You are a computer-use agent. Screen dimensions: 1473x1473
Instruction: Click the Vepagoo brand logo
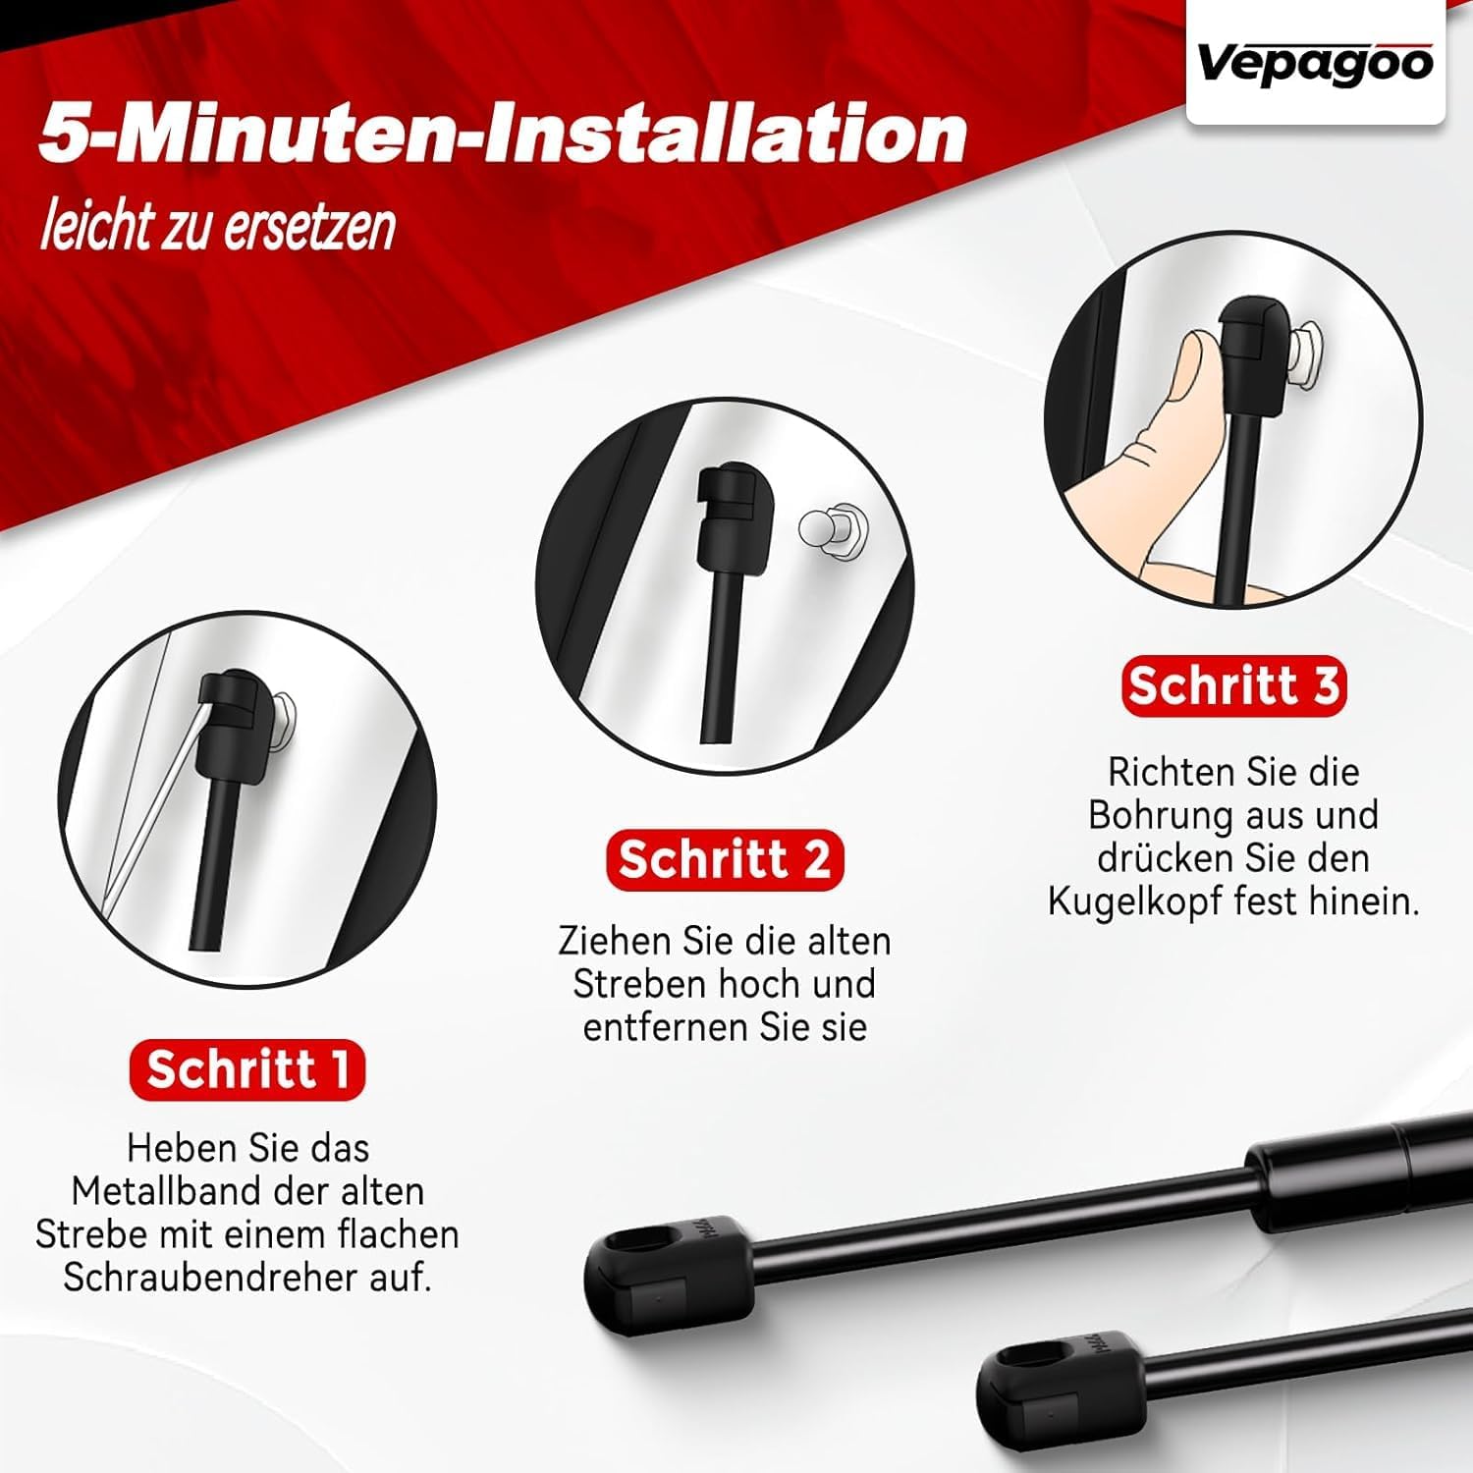(x=1315, y=65)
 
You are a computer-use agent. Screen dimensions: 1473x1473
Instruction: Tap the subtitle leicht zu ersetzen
(x=218, y=227)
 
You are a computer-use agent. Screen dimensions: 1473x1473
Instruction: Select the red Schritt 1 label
(x=247, y=1069)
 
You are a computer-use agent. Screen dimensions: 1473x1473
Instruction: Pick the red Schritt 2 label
(x=725, y=860)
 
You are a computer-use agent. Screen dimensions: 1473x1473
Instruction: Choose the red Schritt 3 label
(x=1233, y=685)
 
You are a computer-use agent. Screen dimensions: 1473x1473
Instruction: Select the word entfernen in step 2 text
(x=667, y=1027)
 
